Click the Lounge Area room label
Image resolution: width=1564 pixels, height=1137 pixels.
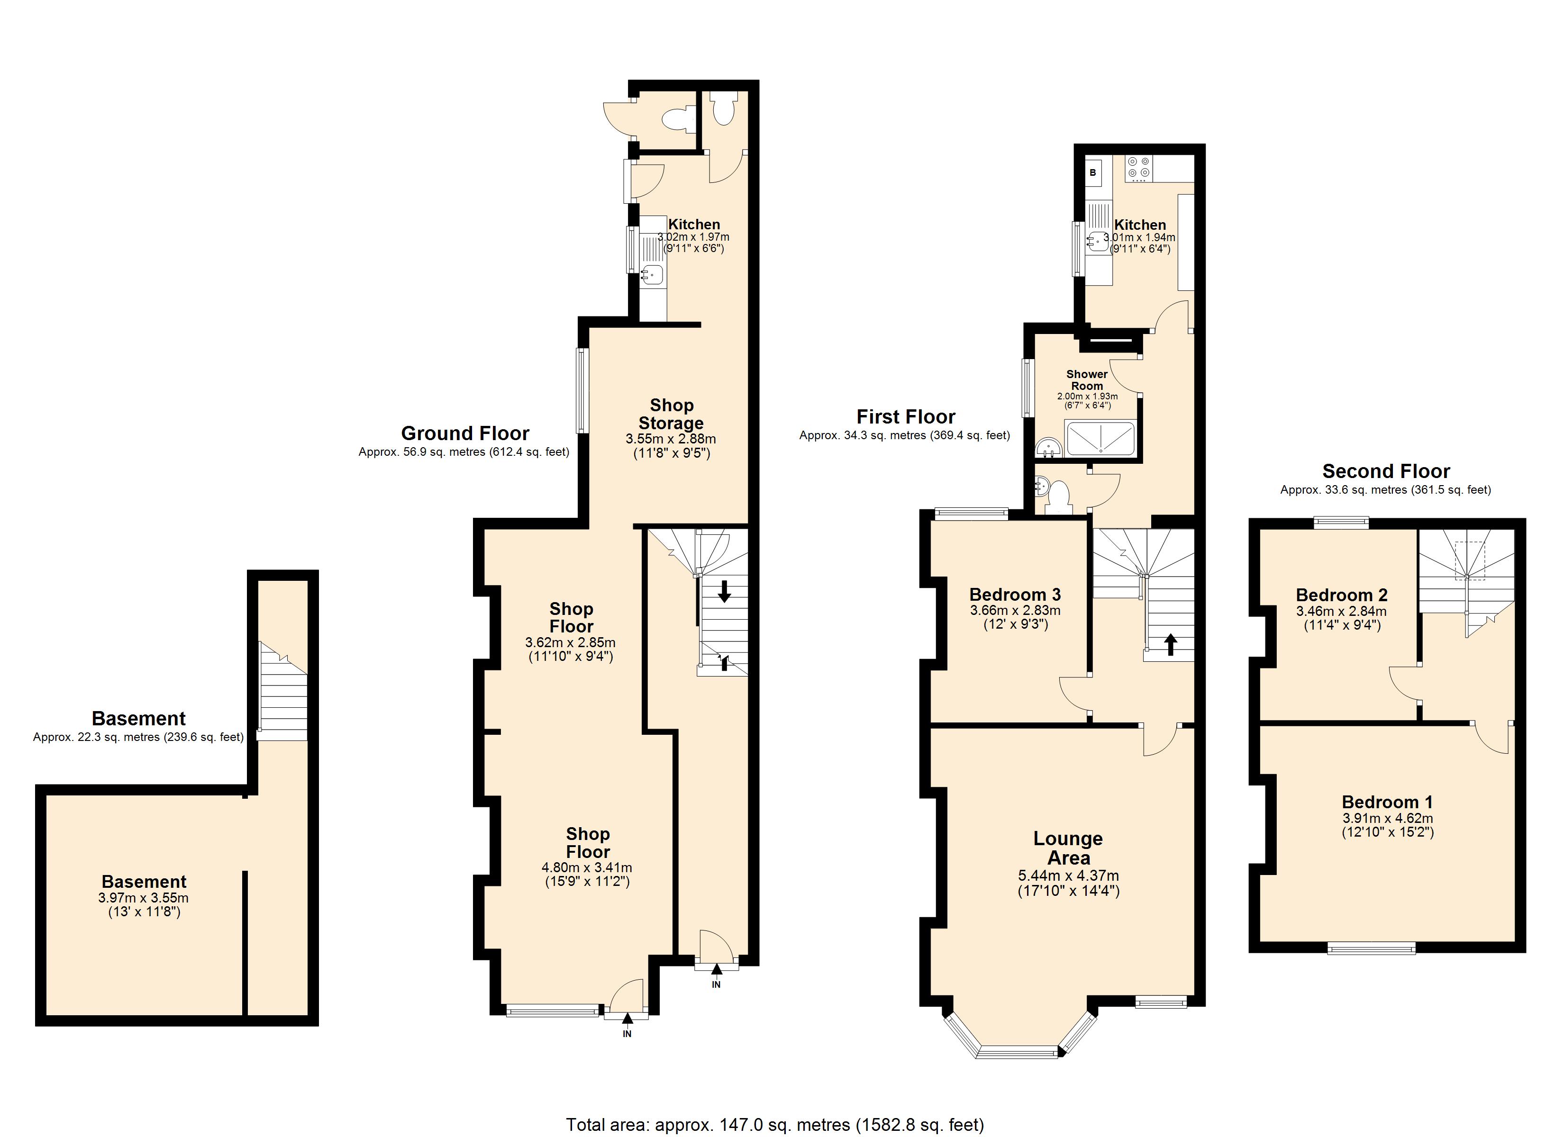point(1068,848)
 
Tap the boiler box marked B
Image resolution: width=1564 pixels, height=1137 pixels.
point(1093,173)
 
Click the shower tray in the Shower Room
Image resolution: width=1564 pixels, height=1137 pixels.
point(1100,439)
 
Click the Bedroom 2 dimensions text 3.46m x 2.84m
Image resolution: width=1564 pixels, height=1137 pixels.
point(1341,611)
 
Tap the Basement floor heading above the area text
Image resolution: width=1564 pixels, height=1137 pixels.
point(138,719)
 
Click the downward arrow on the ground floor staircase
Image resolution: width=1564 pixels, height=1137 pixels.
point(724,591)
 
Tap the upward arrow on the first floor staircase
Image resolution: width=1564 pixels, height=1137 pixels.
point(1170,645)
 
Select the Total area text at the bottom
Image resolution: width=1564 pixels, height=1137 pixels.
point(774,1125)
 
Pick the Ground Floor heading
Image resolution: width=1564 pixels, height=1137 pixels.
point(465,433)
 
